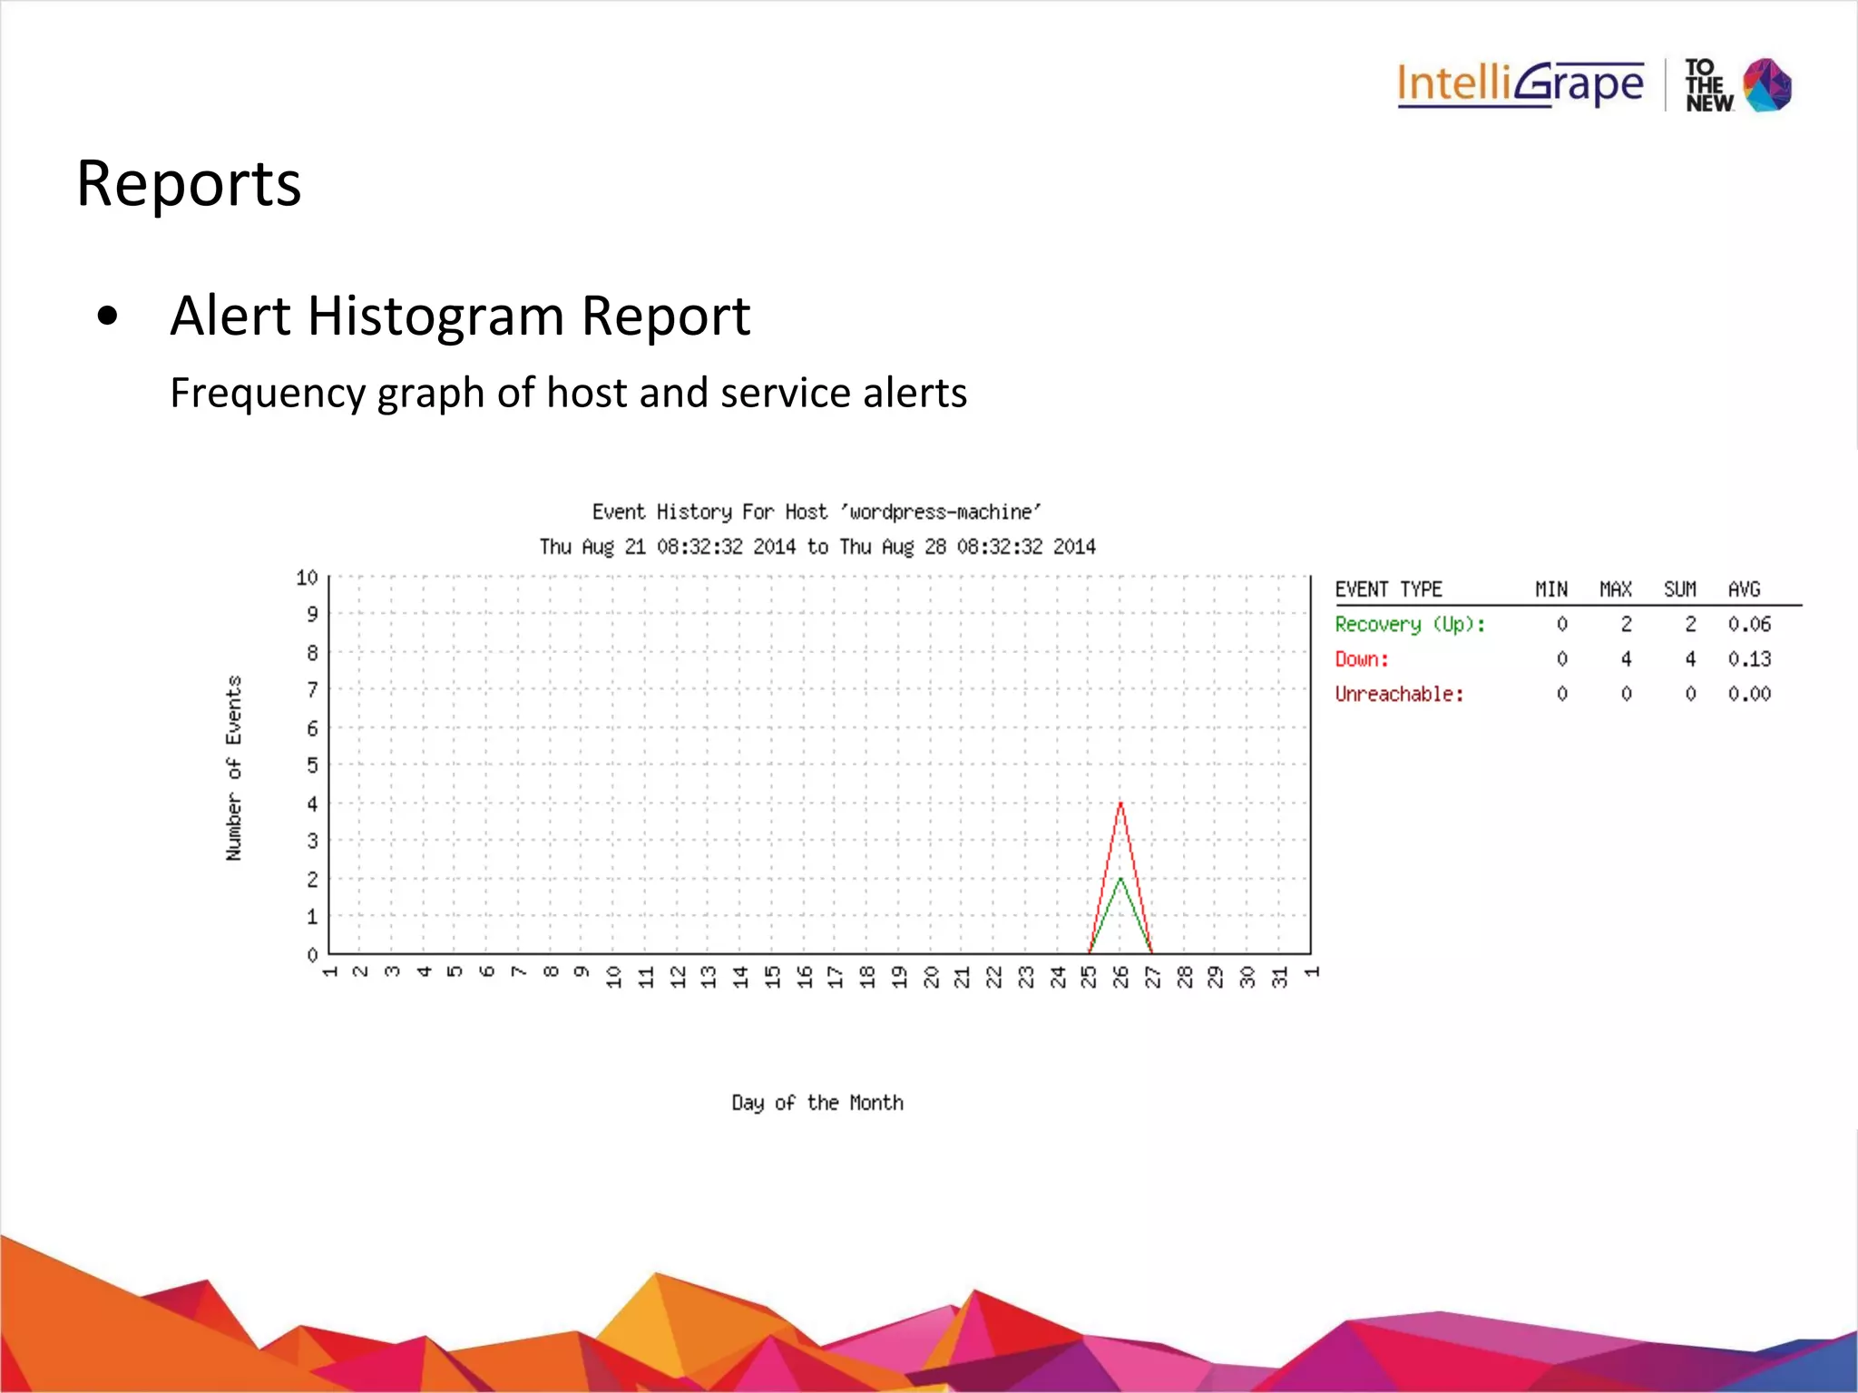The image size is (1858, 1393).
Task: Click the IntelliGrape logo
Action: click(1520, 85)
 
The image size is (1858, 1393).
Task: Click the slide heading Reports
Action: click(189, 184)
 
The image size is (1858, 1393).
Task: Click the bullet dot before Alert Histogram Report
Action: click(108, 317)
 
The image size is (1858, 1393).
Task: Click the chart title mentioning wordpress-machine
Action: click(817, 512)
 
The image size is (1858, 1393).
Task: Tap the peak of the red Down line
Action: click(1120, 804)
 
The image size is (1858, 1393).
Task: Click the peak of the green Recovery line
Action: click(1120, 878)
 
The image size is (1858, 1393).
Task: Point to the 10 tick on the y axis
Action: click(307, 578)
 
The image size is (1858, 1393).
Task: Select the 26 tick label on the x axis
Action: click(1121, 977)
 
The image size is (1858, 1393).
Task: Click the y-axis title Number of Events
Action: click(234, 768)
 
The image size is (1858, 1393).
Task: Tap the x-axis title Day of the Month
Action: click(817, 1103)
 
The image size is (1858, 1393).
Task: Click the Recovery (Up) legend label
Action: click(1409, 625)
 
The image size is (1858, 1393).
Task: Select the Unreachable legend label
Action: click(1399, 695)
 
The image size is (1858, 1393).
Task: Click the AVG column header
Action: click(1744, 589)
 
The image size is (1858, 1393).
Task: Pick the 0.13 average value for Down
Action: click(1749, 659)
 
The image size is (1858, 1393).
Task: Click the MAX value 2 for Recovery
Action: click(1626, 625)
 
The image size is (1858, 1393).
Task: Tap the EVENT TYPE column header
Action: click(1388, 589)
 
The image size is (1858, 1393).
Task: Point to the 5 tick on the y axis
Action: click(312, 765)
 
